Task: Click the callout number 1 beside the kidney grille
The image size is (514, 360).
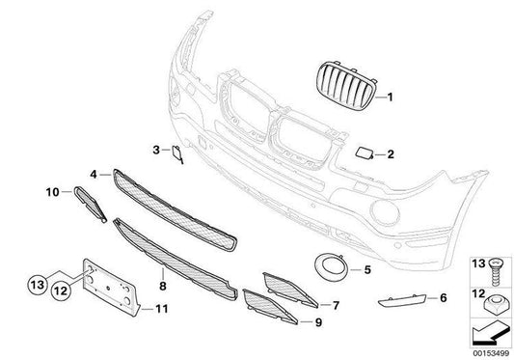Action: click(392, 97)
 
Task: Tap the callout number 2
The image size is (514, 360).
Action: click(392, 153)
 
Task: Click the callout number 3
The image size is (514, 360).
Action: click(155, 150)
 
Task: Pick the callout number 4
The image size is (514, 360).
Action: click(94, 175)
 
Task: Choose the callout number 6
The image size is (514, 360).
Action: click(443, 298)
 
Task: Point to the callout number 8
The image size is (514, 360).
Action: click(164, 287)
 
